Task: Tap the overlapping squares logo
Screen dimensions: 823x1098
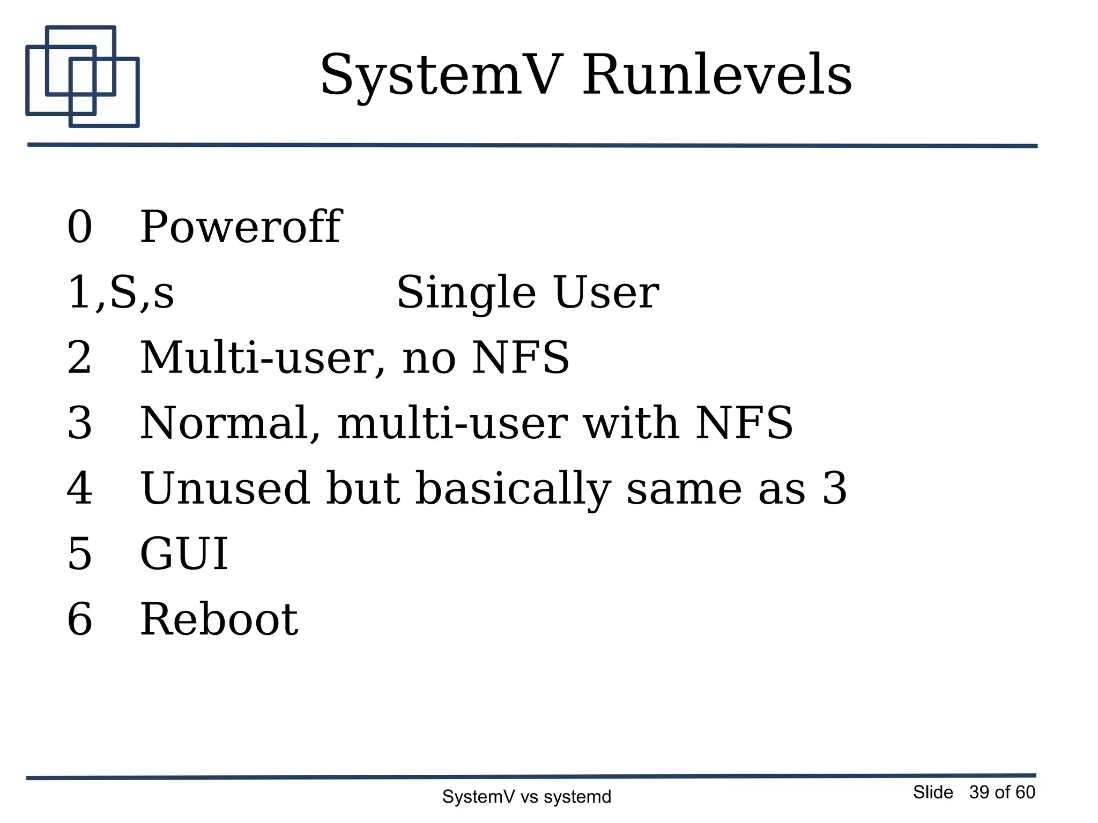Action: click(82, 77)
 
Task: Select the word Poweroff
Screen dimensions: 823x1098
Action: click(240, 227)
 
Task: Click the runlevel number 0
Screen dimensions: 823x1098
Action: click(79, 227)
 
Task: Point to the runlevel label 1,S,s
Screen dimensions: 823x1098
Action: click(120, 293)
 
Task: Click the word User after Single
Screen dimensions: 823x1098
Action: click(606, 293)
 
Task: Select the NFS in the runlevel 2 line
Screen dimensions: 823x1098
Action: click(520, 358)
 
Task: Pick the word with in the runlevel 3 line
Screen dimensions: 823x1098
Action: click(630, 423)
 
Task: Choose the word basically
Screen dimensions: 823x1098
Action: click(513, 489)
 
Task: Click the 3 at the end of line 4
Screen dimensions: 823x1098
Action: click(834, 489)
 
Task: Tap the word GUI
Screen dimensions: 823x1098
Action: click(184, 554)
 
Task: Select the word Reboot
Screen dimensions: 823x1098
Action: click(219, 619)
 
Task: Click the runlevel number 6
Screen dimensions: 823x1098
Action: click(79, 619)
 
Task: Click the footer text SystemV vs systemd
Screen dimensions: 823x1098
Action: click(526, 797)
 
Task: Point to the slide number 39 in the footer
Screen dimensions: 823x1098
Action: click(979, 792)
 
